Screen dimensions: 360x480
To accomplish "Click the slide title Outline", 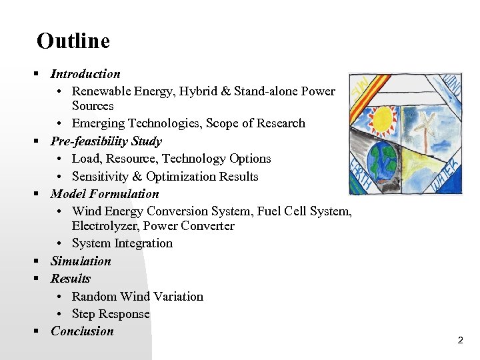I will click(73, 41).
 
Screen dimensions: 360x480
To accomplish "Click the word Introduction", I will click(85, 74).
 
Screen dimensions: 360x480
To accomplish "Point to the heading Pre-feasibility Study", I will click(106, 141).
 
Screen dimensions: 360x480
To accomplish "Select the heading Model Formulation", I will click(105, 194).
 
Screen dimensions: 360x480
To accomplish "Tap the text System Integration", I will click(122, 243).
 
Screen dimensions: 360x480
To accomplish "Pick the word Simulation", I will click(81, 261).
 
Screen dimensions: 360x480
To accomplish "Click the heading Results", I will click(70, 279).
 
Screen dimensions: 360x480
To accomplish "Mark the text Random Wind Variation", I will click(137, 297).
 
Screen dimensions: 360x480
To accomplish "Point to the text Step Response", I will click(111, 314).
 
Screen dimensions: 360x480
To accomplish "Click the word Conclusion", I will click(82, 331).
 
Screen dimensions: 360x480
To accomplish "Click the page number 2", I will click(460, 341).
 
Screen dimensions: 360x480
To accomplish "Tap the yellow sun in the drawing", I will click(385, 119).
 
